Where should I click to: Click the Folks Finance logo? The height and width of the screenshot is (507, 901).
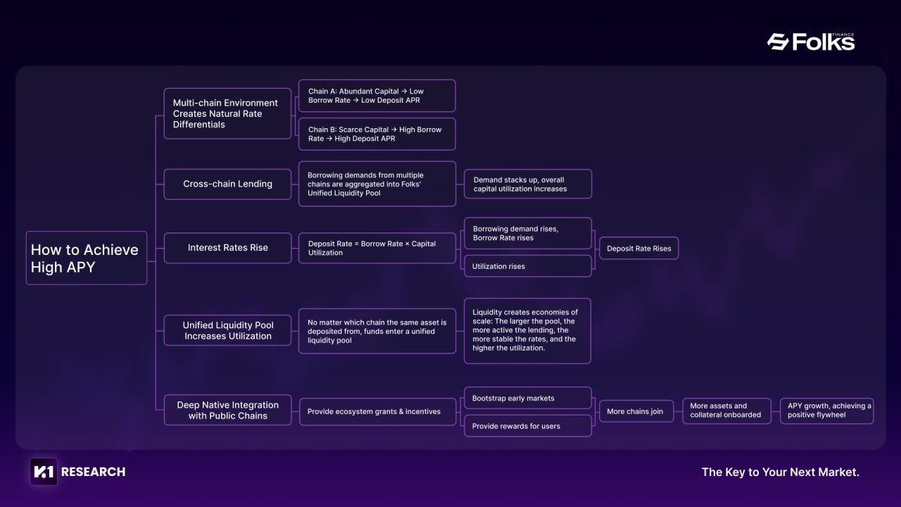click(811, 42)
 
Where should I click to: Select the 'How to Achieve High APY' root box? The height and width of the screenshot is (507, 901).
click(87, 258)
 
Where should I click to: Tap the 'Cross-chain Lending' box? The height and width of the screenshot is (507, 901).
click(227, 184)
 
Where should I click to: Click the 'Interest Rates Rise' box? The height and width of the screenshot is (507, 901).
click(227, 248)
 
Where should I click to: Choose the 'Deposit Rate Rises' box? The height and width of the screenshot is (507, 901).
click(638, 249)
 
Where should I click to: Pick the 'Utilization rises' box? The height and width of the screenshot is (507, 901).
click(528, 266)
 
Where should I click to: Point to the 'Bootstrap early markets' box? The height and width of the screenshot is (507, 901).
click(528, 398)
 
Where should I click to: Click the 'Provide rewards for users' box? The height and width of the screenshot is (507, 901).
click(528, 426)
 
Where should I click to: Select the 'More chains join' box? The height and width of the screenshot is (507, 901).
click(636, 411)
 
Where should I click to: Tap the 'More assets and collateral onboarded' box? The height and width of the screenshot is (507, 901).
click(727, 411)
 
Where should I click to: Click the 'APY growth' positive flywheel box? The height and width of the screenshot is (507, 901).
click(826, 411)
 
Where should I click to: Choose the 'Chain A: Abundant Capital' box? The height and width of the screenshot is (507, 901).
click(377, 96)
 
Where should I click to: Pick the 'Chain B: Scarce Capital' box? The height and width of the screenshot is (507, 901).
click(377, 134)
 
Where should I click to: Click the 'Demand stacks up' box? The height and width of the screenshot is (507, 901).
click(528, 184)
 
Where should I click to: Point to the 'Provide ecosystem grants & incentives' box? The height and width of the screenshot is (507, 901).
click(377, 412)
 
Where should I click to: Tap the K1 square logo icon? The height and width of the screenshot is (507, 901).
click(44, 472)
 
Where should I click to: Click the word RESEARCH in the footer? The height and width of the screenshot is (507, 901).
click(94, 472)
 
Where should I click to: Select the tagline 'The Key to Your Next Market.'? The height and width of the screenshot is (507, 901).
click(781, 472)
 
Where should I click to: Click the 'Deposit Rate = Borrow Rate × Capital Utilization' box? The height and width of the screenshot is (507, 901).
click(377, 248)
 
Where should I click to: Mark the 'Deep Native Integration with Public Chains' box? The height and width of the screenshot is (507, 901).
click(227, 410)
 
